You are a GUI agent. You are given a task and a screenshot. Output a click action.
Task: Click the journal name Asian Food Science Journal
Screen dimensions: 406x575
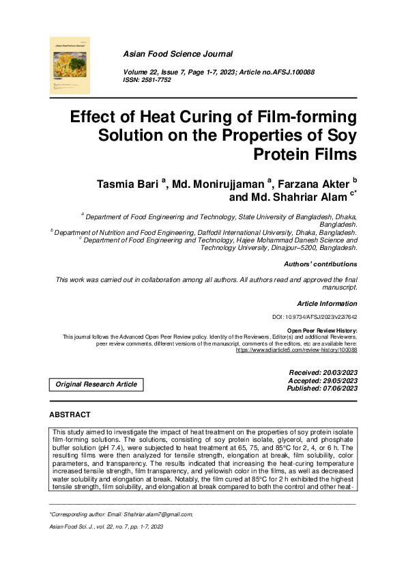[x=177, y=53]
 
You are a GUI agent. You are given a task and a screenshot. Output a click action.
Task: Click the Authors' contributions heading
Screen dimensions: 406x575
[x=320, y=264]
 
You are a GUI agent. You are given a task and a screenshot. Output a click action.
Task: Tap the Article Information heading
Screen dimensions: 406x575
[x=327, y=303]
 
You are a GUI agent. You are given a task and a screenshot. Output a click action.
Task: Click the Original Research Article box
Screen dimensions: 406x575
[x=98, y=384]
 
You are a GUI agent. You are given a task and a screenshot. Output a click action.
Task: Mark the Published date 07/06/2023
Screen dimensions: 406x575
[x=337, y=388]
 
